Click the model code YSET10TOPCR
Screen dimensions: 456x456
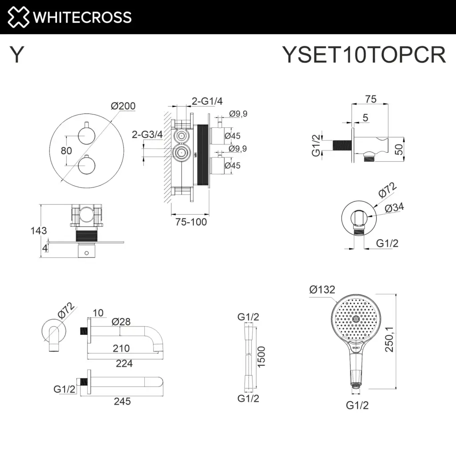[x=364, y=55]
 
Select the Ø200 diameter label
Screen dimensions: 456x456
[x=123, y=106]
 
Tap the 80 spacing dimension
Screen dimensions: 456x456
[x=66, y=151]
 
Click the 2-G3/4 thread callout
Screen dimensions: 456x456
[x=147, y=134]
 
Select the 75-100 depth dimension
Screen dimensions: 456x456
[x=191, y=221]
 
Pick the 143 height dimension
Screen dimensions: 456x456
[x=38, y=231]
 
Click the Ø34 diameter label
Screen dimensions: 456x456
[x=395, y=208]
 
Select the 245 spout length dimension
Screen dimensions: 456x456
[x=122, y=401]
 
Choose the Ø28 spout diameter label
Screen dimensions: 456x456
[x=121, y=321]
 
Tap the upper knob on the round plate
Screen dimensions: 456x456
[x=85, y=133]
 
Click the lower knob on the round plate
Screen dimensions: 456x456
[x=85, y=167]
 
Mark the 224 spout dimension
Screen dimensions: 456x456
[x=124, y=363]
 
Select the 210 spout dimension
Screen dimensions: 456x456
[x=121, y=348]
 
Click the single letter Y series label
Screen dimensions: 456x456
[x=16, y=55]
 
